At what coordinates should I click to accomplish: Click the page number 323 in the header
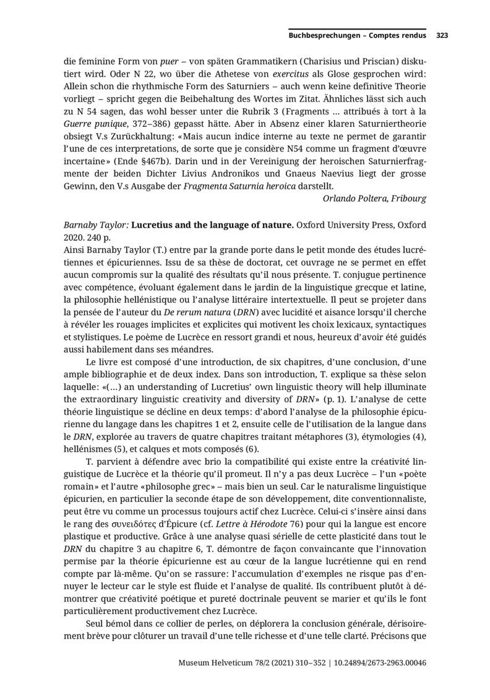pos(442,36)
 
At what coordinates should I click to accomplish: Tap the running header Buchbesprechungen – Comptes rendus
pos(357,36)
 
